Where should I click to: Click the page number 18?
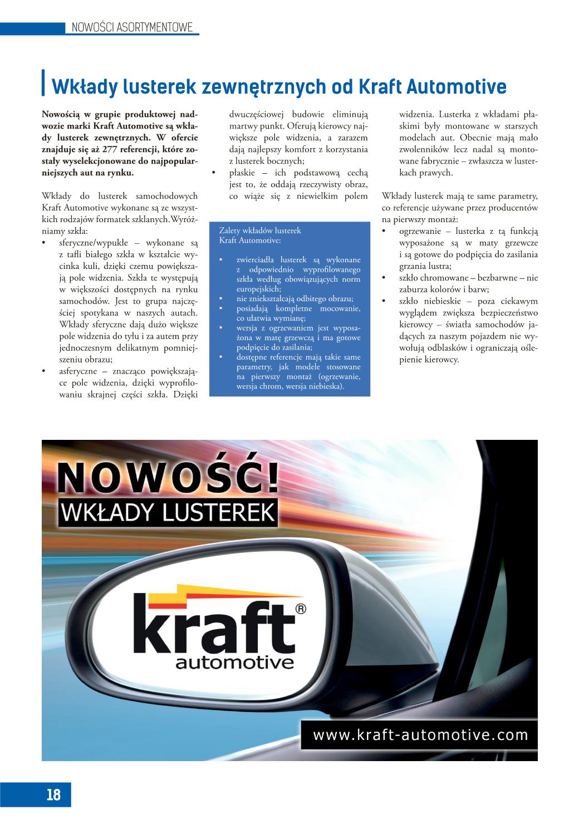pos(53,794)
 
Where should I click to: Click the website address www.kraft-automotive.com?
pos(420,735)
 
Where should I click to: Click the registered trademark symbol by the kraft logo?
pos(301,610)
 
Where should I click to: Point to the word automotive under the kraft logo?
pos(234,663)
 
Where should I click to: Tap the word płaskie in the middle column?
pos(243,173)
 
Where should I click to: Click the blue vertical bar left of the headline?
pos(43,83)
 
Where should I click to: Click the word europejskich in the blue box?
pos(259,289)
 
